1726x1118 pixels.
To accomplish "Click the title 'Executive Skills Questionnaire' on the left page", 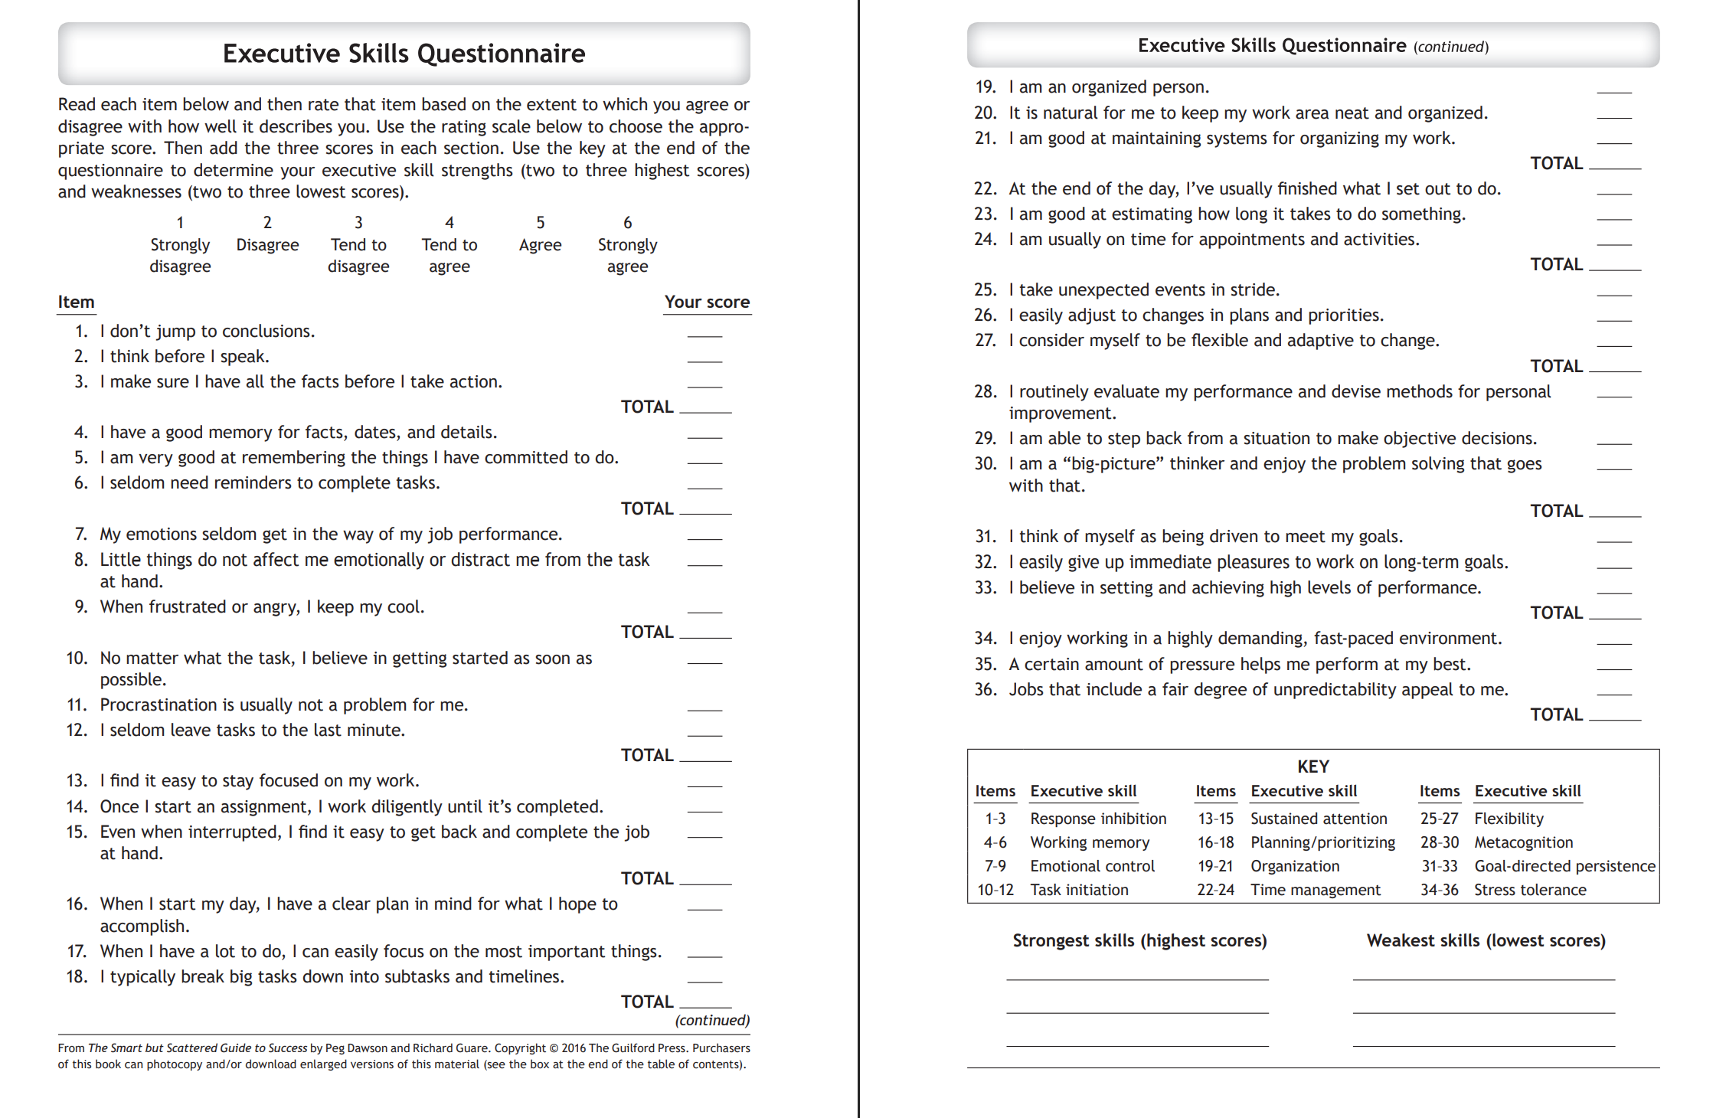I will [x=404, y=54].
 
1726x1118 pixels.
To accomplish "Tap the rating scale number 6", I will [x=627, y=223].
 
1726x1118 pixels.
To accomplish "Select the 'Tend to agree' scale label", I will [x=449, y=256].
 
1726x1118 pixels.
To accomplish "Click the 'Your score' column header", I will [x=707, y=302].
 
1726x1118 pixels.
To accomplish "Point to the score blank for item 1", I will [x=704, y=335].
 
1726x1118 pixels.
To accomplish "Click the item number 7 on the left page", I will [x=81, y=534].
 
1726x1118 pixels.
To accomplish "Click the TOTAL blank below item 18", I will [x=706, y=1005].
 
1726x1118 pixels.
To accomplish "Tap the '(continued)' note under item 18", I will [x=712, y=1021].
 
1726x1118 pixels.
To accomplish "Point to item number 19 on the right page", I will [x=986, y=87].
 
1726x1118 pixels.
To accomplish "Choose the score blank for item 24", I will [x=1614, y=243].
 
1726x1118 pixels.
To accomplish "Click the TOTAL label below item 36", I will [x=1556, y=715].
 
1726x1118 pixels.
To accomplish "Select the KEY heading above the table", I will [x=1313, y=767].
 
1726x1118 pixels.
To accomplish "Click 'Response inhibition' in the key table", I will [x=1098, y=819].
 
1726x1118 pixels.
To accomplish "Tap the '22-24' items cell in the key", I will [x=1216, y=890].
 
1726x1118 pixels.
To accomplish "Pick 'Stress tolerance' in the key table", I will [x=1530, y=890].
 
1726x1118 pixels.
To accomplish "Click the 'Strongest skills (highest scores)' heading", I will [x=1139, y=941].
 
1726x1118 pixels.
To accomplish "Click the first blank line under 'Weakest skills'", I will [x=1483, y=978].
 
